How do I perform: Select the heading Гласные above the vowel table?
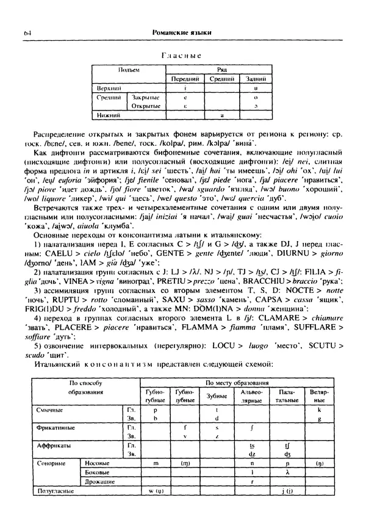[181, 56]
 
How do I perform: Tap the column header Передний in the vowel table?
[185, 79]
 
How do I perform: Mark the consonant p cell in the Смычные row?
[156, 410]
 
